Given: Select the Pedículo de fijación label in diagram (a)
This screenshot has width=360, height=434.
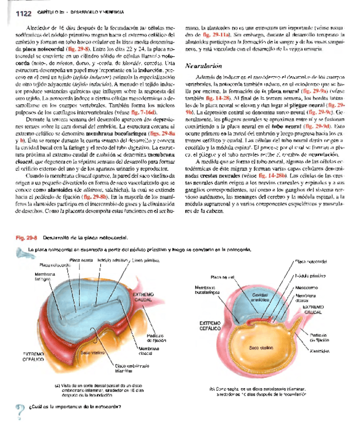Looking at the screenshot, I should [x=153, y=338].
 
